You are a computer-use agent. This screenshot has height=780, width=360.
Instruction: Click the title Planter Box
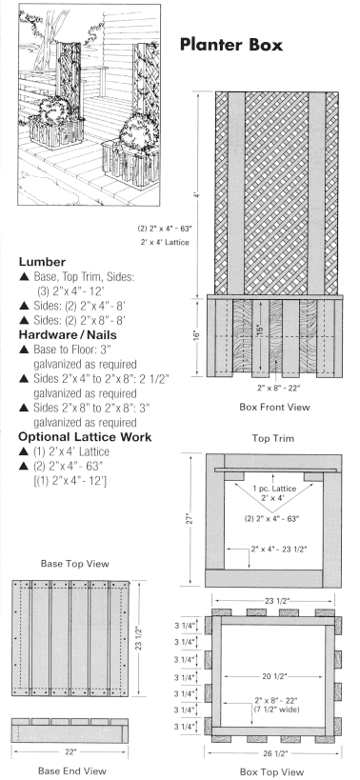[231, 45]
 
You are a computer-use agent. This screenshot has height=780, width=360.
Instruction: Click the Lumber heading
[42, 262]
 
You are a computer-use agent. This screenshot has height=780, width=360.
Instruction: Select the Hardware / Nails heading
[68, 335]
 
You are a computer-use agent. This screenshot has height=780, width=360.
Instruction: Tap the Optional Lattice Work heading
[85, 437]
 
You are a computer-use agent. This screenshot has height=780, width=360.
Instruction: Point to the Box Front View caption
[274, 407]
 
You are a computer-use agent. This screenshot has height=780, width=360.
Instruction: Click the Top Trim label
[273, 438]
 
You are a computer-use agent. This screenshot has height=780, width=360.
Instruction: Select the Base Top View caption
[74, 564]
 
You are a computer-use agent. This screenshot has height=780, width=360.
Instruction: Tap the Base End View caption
[72, 770]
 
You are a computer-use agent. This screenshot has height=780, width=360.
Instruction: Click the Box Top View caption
[271, 772]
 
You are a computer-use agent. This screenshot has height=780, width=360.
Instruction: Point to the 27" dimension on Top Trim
[194, 519]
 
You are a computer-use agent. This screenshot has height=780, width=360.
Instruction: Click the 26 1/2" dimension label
[272, 753]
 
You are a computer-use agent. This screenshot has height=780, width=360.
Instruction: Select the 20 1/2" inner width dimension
[272, 676]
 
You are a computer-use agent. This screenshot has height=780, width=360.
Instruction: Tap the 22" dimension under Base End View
[71, 751]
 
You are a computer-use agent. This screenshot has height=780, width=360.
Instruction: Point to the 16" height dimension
[198, 336]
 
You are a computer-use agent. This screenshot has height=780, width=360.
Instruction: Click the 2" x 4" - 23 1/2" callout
[279, 550]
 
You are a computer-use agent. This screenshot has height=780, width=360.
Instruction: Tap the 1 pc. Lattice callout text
[274, 489]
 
